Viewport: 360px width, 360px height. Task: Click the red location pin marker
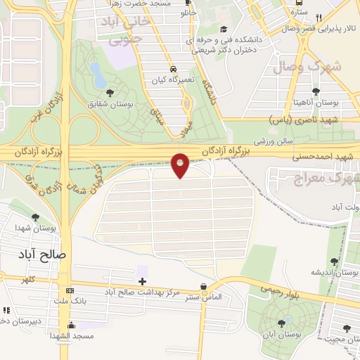point(180,165)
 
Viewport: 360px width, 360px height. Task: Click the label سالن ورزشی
point(254,141)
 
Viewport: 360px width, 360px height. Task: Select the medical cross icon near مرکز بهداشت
point(142,281)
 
